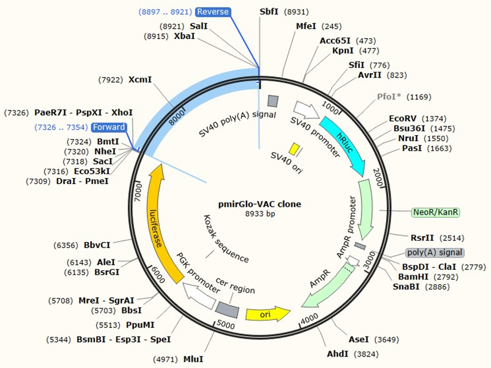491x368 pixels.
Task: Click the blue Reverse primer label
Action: tap(213, 12)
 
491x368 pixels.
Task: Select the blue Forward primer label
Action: tap(109, 127)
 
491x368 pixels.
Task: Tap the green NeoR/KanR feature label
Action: tap(436, 212)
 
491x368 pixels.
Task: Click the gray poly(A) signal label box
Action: tap(435, 252)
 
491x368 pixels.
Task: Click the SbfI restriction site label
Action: tap(269, 12)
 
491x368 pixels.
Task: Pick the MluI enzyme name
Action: tap(193, 359)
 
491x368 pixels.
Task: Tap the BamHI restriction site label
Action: tap(413, 277)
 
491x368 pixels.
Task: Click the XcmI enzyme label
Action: tap(140, 79)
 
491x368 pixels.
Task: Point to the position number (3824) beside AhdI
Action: tap(366, 354)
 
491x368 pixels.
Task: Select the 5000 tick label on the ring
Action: tap(226, 325)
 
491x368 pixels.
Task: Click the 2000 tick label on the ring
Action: tap(378, 177)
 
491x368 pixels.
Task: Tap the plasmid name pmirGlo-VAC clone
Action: tap(260, 204)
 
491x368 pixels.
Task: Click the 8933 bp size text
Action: tap(260, 214)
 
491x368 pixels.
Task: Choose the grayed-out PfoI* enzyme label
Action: tap(389, 96)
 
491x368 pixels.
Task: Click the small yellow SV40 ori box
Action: tap(295, 149)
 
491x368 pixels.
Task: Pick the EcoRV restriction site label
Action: tap(403, 119)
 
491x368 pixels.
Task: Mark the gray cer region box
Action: tap(227, 309)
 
